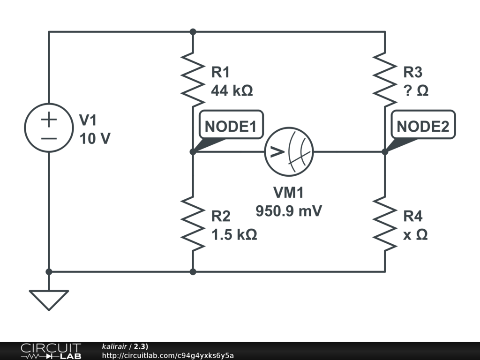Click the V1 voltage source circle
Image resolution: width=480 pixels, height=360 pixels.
pyautogui.click(x=49, y=127)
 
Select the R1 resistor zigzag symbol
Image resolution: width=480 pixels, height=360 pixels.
pyautogui.click(x=193, y=79)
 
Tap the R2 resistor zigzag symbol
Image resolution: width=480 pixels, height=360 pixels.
pyautogui.click(x=193, y=223)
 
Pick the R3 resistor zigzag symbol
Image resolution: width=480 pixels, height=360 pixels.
pyautogui.click(x=385, y=79)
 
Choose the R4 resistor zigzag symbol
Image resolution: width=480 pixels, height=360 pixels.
pyautogui.click(x=385, y=223)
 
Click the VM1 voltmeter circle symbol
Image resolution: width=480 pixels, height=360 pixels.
pyautogui.click(x=289, y=152)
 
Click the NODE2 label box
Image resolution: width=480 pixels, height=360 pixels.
pyautogui.click(x=423, y=126)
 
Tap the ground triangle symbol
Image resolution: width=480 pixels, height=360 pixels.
pyautogui.click(x=49, y=299)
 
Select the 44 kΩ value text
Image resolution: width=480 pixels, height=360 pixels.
pyautogui.click(x=232, y=90)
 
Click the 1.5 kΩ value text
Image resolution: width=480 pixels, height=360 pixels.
pyautogui.click(x=234, y=234)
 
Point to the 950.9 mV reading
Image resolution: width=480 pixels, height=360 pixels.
pyautogui.click(x=289, y=211)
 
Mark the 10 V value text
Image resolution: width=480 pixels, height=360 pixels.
pyautogui.click(x=95, y=139)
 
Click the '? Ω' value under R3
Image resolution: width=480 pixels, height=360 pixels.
pyautogui.click(x=416, y=90)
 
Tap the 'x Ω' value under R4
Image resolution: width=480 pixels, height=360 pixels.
pyautogui.click(x=415, y=234)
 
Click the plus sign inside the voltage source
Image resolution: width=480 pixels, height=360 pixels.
pyautogui.click(x=49, y=119)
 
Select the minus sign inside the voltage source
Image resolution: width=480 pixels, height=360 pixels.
pyautogui.click(x=49, y=138)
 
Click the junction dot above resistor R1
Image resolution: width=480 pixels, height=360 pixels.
pyautogui.click(x=193, y=32)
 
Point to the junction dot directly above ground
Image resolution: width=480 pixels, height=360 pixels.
pyautogui.click(x=49, y=271)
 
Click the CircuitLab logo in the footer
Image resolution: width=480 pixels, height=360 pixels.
pyautogui.click(x=50, y=351)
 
